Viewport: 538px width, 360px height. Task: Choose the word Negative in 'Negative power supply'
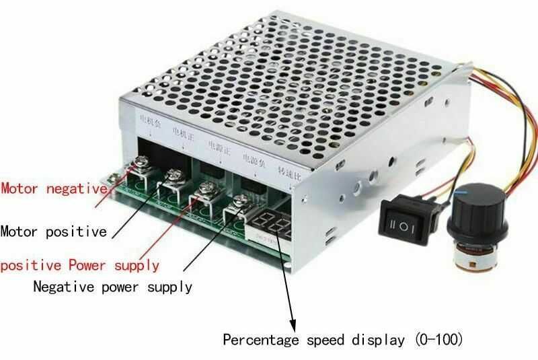coord(60,287)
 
